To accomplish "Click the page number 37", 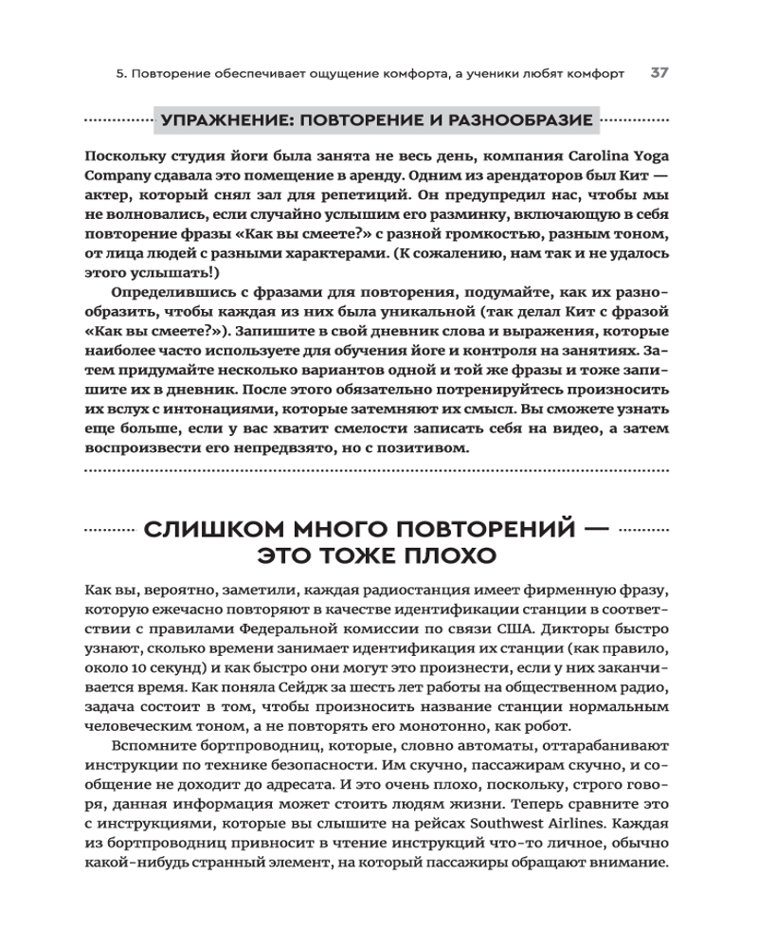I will coord(659,73).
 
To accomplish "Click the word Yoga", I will coord(648,155).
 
